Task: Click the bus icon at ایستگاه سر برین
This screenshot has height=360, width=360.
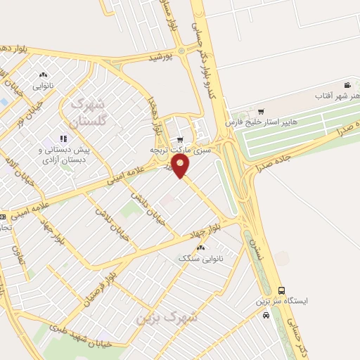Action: pyautogui.click(x=282, y=290)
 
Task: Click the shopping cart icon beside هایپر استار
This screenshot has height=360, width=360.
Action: pyautogui.click(x=261, y=111)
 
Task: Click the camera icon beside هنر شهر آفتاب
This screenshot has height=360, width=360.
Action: pyautogui.click(x=347, y=84)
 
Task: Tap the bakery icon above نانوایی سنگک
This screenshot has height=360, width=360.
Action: pyautogui.click(x=202, y=247)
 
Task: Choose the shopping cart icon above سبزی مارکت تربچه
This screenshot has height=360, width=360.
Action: pyautogui.click(x=181, y=139)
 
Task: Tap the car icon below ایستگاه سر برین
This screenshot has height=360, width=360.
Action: pyautogui.click(x=265, y=316)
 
